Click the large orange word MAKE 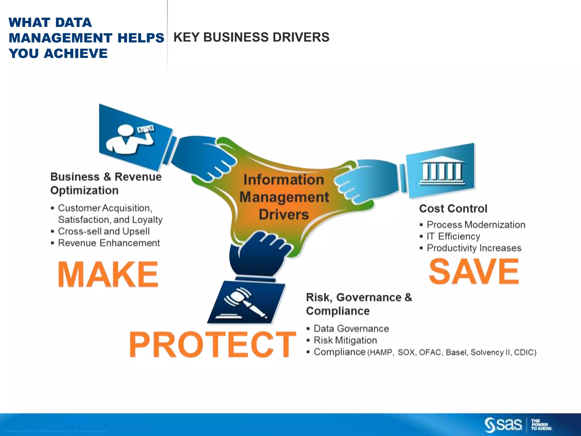[x=108, y=274]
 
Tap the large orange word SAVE [x=474, y=271]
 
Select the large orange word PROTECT [x=212, y=344]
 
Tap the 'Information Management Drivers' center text [x=284, y=197]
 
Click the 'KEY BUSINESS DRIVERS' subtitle [x=251, y=37]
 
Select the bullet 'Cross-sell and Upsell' [x=104, y=231]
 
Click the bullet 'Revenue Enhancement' [x=109, y=243]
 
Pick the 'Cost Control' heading [x=453, y=209]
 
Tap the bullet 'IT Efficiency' [x=453, y=236]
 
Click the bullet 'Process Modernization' [x=476, y=225]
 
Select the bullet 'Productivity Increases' [x=474, y=248]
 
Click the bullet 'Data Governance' [x=351, y=329]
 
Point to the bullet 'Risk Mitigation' [x=345, y=340]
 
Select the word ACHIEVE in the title [x=76, y=53]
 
